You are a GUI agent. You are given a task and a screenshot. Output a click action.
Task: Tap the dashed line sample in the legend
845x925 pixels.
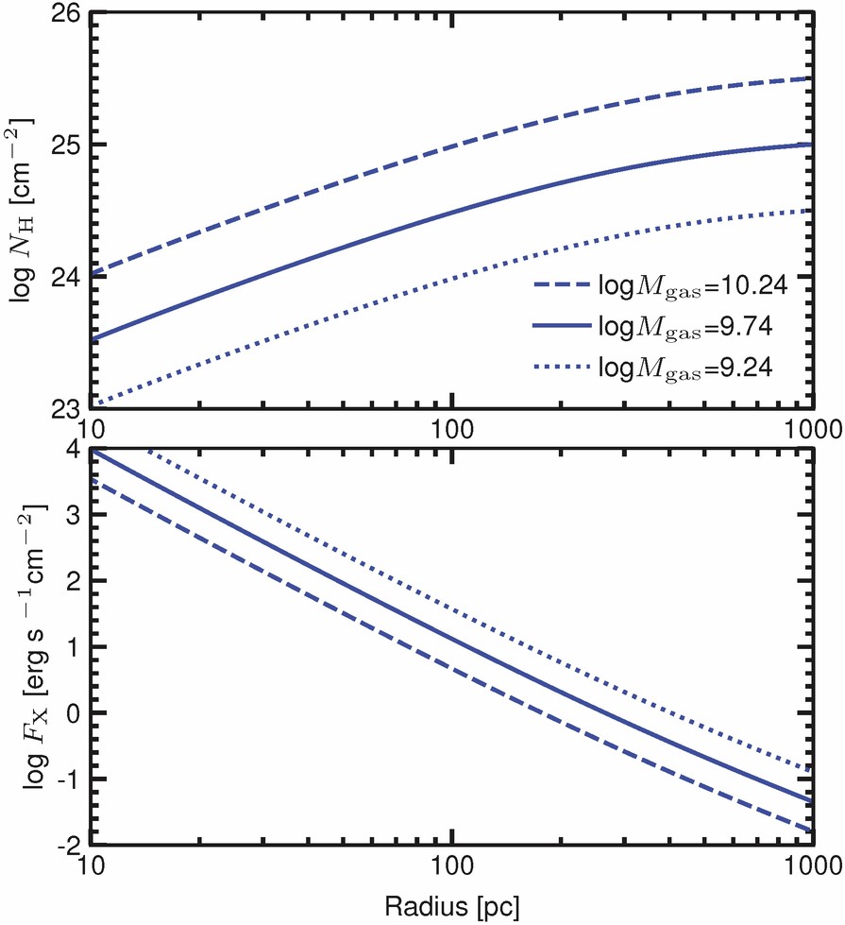561,282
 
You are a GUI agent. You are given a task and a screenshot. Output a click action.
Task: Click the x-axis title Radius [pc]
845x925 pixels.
451,907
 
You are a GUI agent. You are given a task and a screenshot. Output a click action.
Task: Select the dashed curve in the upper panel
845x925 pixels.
453,146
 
